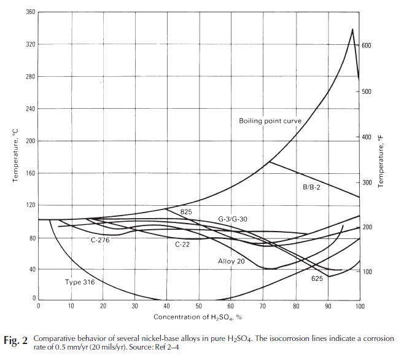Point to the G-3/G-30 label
coord(233,219)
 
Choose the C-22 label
coord(182,245)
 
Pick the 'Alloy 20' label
coord(231,262)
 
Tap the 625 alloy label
coord(317,279)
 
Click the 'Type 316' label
coord(80,283)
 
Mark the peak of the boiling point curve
coord(352,29)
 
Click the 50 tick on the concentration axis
coord(198,306)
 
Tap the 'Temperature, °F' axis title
coord(381,162)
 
